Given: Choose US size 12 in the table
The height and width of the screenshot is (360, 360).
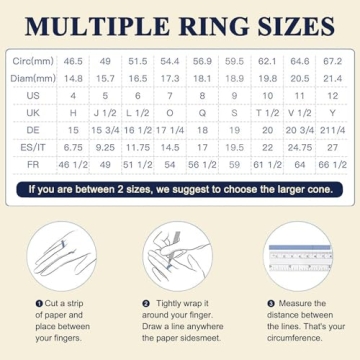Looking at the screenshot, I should (330, 95).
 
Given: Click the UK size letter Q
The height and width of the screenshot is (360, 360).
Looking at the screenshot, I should (203, 112).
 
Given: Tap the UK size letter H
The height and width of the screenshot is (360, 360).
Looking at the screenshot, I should (74, 112).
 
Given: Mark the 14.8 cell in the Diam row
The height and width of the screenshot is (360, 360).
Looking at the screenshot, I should (74, 78).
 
